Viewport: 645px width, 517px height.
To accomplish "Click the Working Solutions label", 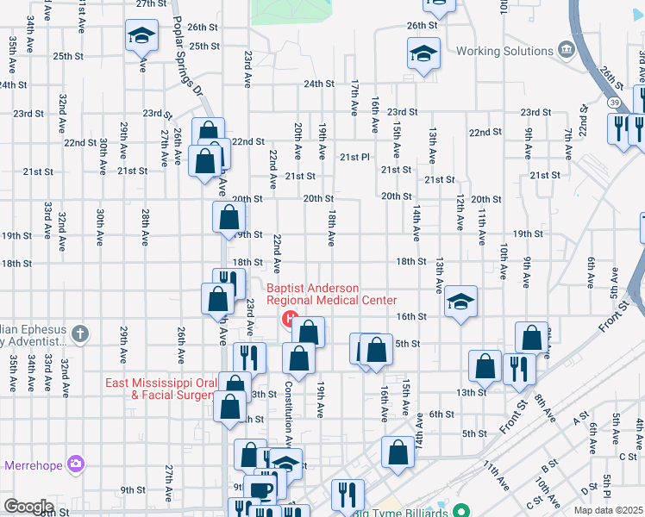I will coord(504,51).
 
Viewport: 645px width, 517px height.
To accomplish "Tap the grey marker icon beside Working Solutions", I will coord(566,48).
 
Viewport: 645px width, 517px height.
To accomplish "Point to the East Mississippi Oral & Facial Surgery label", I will coord(160,389).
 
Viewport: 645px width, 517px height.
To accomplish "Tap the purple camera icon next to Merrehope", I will coord(76,464).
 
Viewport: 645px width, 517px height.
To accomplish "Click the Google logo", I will coord(28,506).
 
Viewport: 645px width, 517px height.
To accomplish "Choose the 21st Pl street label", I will coord(354,157).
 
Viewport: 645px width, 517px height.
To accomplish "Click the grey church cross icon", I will coord(79,332).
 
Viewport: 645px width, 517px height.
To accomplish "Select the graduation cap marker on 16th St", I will coord(461,302).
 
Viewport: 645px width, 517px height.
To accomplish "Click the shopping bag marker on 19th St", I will coord(229,216).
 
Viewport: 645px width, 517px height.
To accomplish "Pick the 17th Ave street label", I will coord(354,97).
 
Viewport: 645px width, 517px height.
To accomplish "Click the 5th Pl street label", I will coord(608,487).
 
